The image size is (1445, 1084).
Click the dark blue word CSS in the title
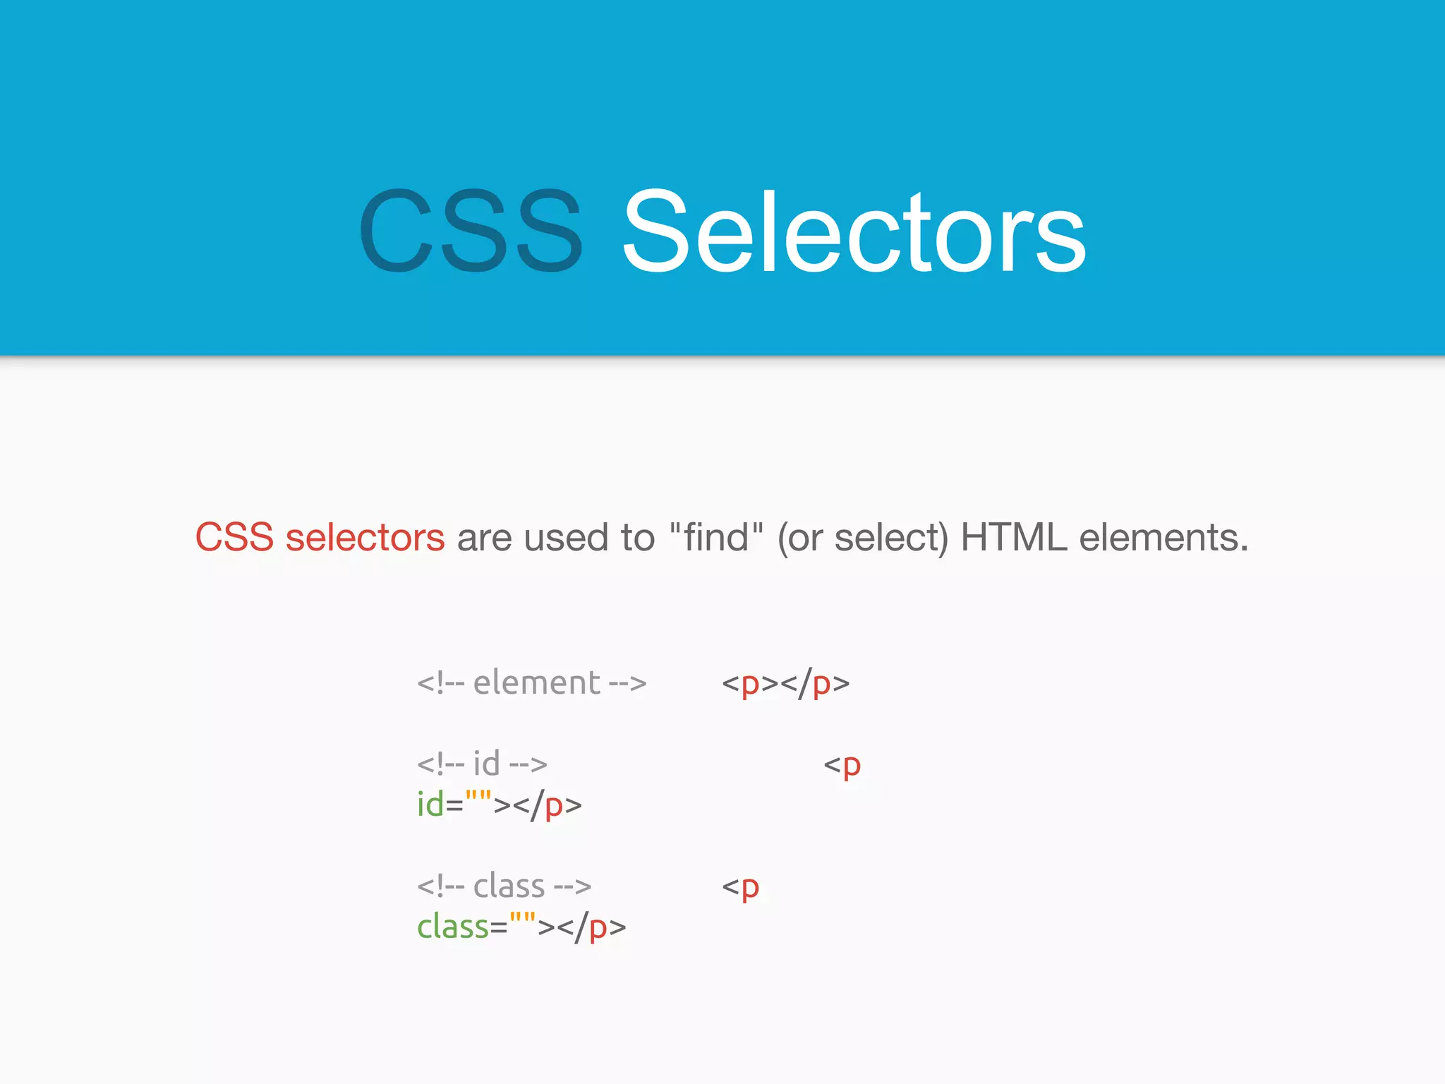click(471, 231)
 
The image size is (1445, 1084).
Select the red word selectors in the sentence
click(365, 538)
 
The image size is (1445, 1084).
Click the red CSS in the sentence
click(234, 538)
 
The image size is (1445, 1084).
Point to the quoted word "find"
click(715, 538)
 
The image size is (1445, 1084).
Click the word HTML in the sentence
click(1013, 538)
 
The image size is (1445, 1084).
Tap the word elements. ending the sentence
click(1164, 538)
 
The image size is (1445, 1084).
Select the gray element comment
click(531, 683)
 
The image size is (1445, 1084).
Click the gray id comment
click(482, 764)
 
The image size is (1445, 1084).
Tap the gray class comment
click(504, 886)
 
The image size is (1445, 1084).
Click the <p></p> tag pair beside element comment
click(785, 684)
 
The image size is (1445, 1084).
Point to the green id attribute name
click(430, 805)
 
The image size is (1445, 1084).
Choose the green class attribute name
click(453, 927)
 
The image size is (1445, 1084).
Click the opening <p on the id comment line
click(842, 766)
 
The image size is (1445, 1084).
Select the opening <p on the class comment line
click(740, 888)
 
